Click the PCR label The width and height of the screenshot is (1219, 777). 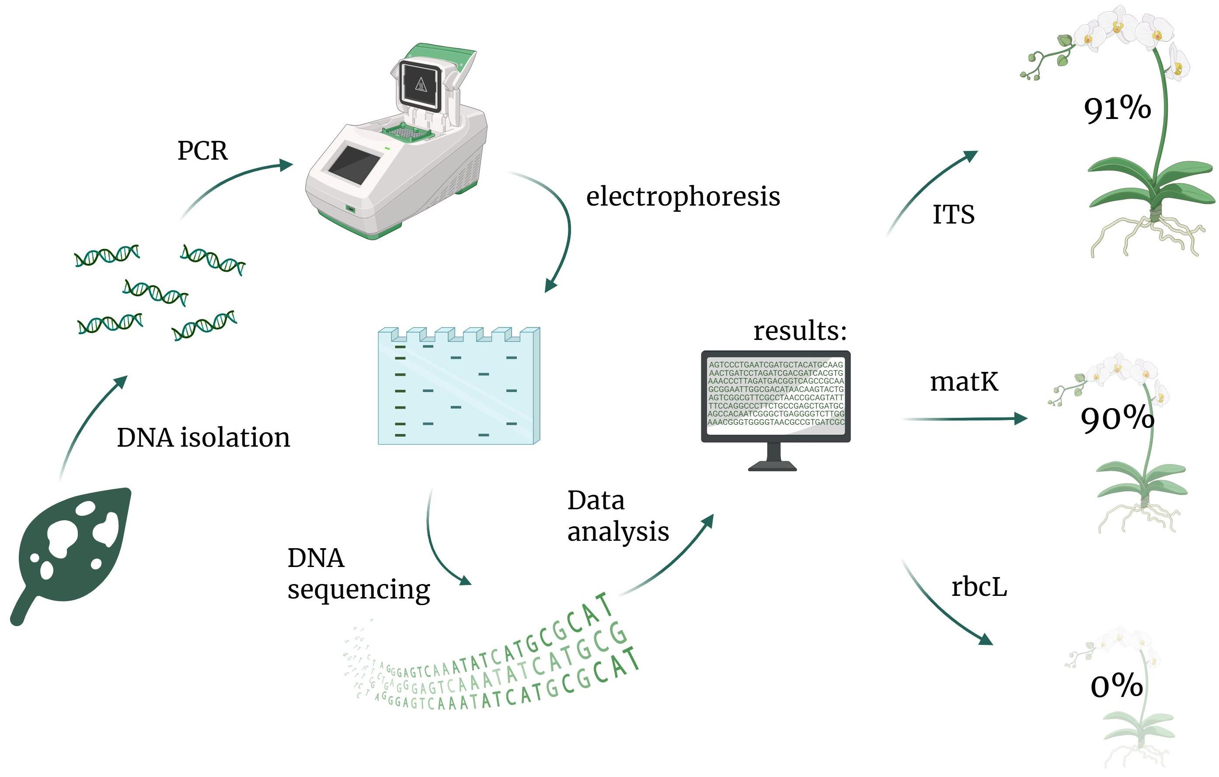point(202,151)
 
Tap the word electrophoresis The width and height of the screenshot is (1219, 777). point(683,196)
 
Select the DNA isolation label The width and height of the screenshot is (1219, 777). point(203,437)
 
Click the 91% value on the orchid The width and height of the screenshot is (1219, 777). point(1117,108)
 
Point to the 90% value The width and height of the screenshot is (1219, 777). point(1117,419)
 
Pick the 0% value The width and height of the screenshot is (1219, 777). point(1116,686)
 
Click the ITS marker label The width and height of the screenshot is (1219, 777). point(953,214)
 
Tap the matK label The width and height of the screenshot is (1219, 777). point(964,382)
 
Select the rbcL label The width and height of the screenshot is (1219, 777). point(979,587)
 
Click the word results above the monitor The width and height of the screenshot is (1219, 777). point(800,331)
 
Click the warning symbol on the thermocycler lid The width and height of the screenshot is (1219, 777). point(421,84)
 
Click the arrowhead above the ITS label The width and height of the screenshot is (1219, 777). point(971,155)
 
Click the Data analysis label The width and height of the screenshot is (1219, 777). point(618,516)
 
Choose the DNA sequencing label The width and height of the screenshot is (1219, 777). point(359,574)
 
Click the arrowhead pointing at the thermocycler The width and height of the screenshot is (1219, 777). point(286,164)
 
